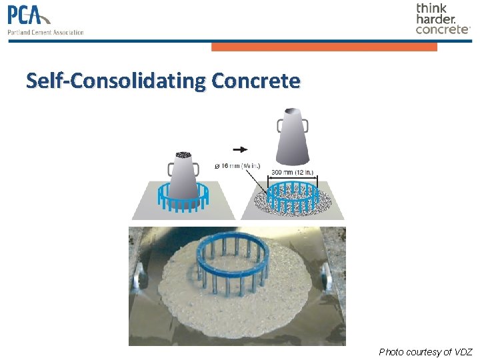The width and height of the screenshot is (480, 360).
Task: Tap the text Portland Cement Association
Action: point(45,32)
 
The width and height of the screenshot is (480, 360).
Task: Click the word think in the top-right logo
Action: point(432,9)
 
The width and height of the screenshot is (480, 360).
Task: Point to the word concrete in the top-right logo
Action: point(442,29)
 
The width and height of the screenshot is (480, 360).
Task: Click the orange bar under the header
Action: point(324,47)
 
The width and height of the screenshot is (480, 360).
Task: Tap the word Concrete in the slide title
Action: point(256,81)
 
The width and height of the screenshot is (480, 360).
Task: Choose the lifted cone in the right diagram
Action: point(292,139)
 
